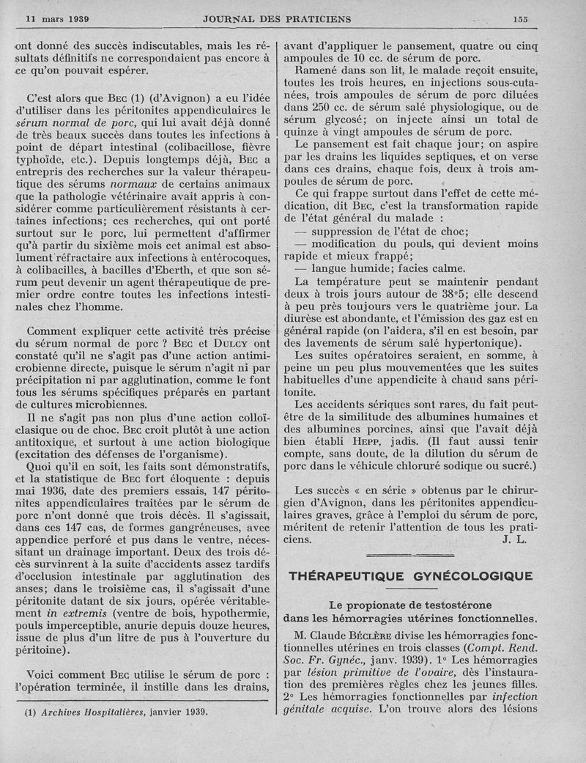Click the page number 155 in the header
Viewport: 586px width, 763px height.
pos(520,19)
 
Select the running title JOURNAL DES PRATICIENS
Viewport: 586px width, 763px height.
pos(276,19)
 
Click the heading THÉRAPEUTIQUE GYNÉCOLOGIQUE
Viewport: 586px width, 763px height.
pos(411,576)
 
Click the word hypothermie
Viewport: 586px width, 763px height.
pos(235,605)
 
